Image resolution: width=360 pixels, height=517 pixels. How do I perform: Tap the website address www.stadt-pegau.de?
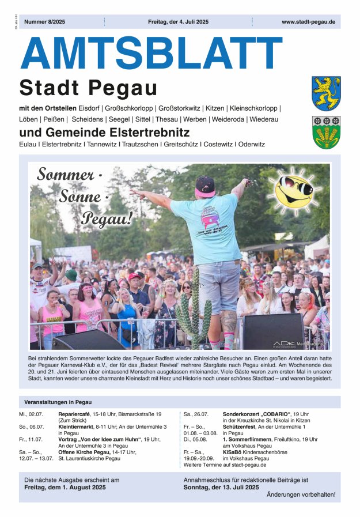point(308,22)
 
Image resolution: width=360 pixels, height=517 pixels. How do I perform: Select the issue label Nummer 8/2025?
point(44,22)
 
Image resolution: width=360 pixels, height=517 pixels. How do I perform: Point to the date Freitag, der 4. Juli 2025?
point(178,22)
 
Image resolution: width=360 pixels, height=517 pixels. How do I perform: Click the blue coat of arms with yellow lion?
point(326,93)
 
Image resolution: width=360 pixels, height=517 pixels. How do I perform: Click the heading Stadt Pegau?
point(88,88)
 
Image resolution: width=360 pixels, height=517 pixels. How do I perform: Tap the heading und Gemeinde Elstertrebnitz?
point(104,133)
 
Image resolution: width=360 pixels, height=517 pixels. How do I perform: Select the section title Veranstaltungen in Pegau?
point(58,402)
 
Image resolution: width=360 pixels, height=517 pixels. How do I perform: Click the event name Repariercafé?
point(75,414)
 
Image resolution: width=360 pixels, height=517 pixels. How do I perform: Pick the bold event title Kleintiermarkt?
point(77,427)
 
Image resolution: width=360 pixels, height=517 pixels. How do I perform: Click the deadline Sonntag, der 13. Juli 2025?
point(221,487)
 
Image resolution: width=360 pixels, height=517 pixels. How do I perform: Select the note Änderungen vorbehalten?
point(301,495)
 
